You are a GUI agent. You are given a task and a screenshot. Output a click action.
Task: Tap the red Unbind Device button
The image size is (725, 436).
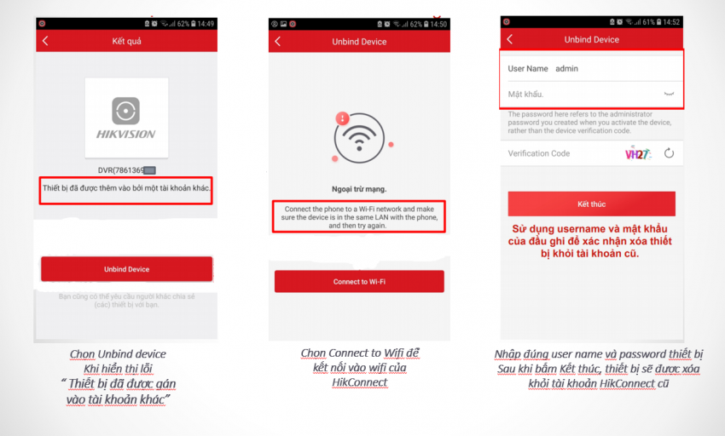click(x=126, y=269)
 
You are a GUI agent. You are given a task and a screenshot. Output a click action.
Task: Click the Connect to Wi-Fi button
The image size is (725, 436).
click(x=359, y=282)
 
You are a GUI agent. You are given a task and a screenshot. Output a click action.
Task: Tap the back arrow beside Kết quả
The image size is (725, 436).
click(x=45, y=41)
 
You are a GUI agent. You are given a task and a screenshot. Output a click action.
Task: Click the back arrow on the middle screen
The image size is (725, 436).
click(x=277, y=41)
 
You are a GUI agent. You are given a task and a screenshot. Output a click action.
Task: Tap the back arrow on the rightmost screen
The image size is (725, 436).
click(x=509, y=39)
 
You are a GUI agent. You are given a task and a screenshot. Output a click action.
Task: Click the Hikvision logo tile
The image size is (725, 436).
click(x=126, y=118)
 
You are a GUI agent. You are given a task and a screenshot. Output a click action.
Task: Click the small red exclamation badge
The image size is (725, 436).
click(x=342, y=118)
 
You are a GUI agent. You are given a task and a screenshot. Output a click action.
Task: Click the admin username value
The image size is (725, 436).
click(x=566, y=68)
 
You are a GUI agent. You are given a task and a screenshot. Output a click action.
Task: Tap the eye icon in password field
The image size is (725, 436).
click(x=669, y=94)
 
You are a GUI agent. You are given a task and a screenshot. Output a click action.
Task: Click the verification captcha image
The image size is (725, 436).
click(x=637, y=154)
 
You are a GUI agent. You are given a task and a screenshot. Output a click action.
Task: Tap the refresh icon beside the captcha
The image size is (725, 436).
click(x=669, y=153)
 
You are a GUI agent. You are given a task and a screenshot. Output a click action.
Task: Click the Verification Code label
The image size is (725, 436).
click(x=539, y=153)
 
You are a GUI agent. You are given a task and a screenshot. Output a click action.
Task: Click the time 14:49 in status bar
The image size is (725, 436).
click(x=205, y=24)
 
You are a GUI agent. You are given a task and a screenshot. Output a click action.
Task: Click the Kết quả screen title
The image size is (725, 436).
click(x=126, y=41)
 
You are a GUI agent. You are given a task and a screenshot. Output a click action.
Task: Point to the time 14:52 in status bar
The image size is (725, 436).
click(x=671, y=22)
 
